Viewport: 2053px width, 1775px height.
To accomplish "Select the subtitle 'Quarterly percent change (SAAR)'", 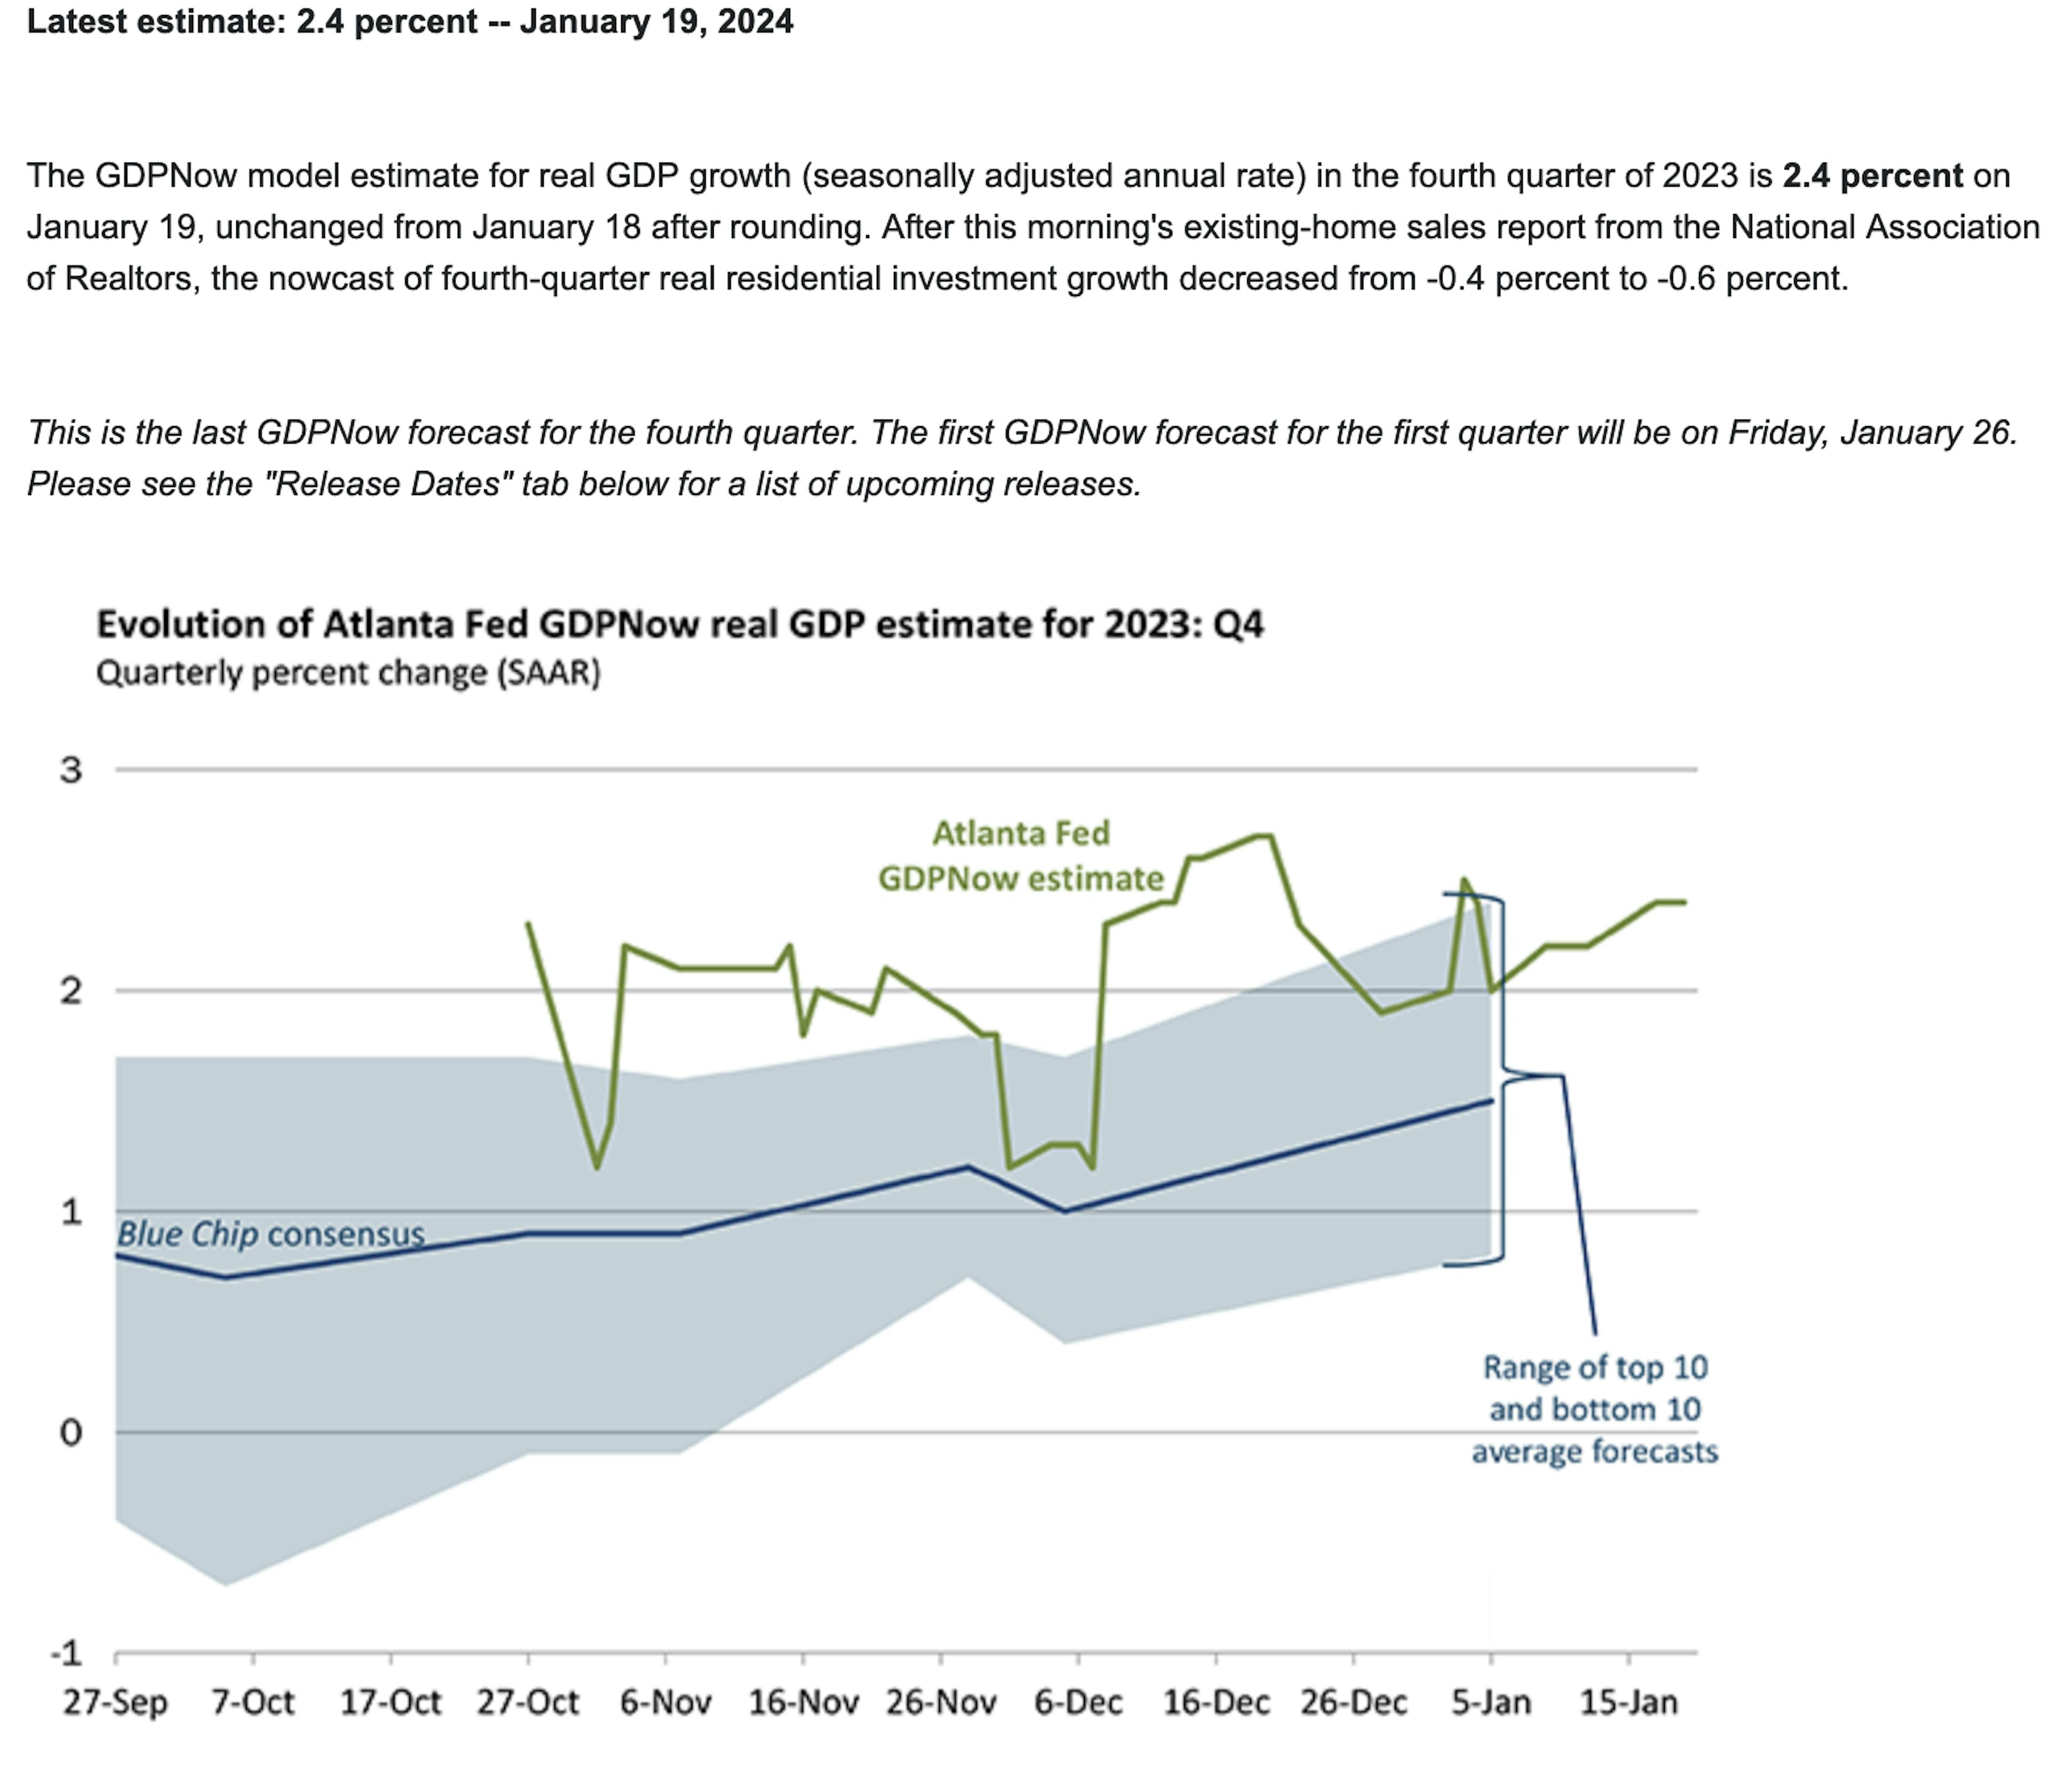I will click(348, 673).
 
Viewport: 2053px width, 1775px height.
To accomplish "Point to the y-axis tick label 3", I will click(71, 770).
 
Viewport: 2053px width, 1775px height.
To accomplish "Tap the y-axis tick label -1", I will click(66, 1653).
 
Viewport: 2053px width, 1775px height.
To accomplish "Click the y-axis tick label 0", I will click(71, 1432).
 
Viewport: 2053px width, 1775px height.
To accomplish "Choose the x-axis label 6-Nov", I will click(666, 1703).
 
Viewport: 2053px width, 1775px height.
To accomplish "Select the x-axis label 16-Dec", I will click(1216, 1703).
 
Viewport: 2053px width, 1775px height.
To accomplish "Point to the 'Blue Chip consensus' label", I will click(271, 1234).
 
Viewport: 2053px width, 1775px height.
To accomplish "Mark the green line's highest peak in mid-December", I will click(1265, 837).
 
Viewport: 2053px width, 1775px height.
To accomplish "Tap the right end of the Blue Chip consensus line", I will click(1491, 1100).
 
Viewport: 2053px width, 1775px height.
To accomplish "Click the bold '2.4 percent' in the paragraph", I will click(1872, 175).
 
